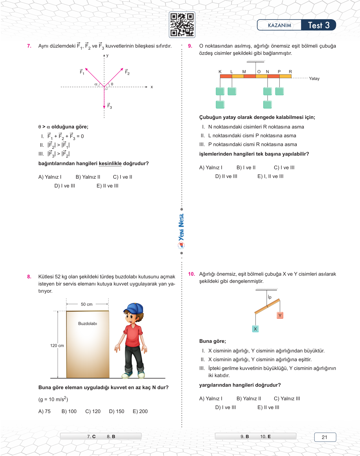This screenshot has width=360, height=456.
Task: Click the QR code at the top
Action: pos(182,25)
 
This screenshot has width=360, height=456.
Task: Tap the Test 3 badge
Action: pos(318,25)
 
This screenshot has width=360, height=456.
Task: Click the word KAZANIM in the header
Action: pos(279,25)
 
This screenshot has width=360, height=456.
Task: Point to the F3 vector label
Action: pos(110,106)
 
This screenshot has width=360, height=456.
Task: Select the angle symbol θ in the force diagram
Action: pos(112,84)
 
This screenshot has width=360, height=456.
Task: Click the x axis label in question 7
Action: pos(152,87)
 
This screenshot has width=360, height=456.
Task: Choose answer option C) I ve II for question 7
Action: pos(123,177)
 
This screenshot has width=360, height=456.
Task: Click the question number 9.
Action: pos(190,46)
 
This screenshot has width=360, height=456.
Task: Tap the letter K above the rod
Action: pos(220,72)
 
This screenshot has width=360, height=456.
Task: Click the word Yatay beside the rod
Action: pos(314,78)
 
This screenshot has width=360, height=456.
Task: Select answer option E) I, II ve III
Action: pos(270,176)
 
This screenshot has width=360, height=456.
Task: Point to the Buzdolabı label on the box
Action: pos(88,324)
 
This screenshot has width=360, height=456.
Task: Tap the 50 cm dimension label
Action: pos(87,304)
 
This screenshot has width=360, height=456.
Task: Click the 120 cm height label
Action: pos(57,346)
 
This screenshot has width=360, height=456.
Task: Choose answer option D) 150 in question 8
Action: pos(117,411)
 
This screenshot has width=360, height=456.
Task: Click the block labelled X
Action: pos(255,329)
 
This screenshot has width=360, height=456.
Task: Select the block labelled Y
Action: pos(280,315)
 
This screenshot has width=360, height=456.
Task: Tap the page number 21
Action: pos(325,437)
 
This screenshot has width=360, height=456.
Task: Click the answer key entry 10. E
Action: pos(265,437)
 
